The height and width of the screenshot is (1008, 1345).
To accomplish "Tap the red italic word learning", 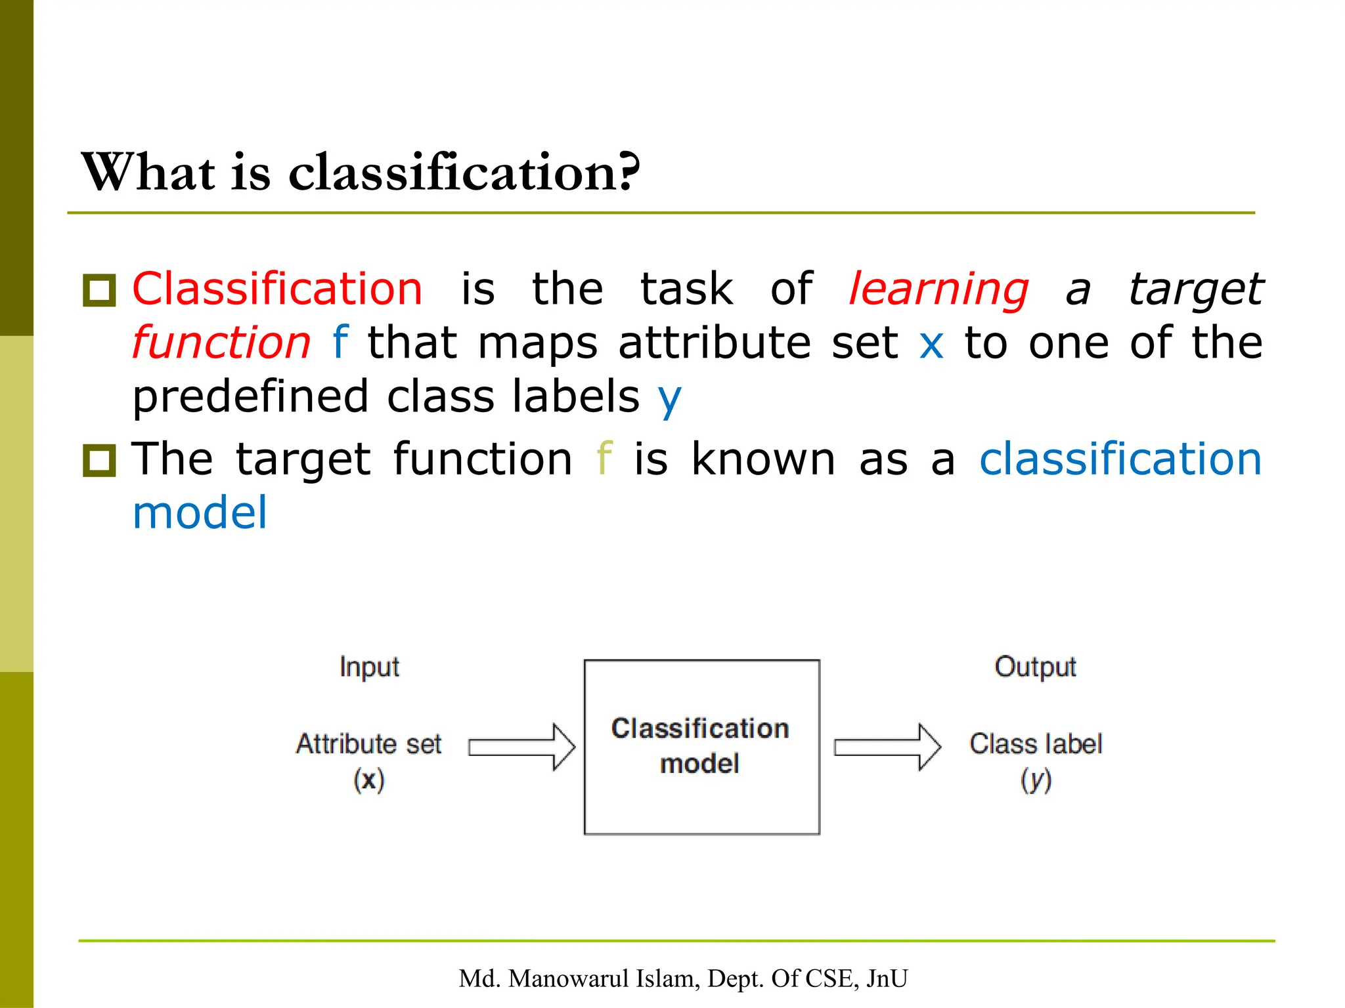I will [938, 289].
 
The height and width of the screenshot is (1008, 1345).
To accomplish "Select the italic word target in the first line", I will [1196, 289].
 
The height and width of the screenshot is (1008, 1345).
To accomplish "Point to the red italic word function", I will [221, 343].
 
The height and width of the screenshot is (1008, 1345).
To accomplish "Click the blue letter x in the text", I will [931, 343].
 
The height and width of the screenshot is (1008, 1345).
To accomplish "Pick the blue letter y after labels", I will [670, 398].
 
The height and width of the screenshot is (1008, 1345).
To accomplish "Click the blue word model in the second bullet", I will [200, 513].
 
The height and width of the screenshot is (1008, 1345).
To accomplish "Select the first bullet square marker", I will [99, 290].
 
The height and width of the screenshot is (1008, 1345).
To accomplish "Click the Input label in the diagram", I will [369, 667].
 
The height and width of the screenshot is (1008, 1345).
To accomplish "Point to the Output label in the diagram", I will [1035, 667].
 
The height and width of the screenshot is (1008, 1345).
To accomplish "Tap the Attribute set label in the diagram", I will [368, 744].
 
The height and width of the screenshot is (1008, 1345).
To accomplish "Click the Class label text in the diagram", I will [1036, 744].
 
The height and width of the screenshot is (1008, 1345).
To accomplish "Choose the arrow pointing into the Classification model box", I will [522, 747].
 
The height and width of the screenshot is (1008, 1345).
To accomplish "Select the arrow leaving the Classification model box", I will [887, 747].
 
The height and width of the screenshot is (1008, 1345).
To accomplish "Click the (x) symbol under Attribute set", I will [368, 780].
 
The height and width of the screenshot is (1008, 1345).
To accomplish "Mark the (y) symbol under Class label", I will [1036, 780].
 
